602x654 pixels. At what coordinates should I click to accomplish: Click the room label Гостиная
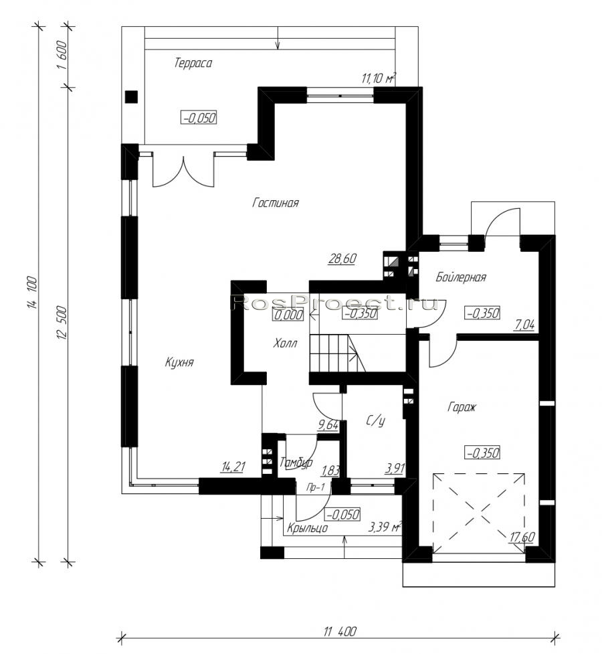276,203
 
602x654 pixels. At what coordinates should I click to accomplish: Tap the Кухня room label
179,362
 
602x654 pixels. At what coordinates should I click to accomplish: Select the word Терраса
193,63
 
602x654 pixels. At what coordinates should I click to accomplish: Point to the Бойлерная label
461,277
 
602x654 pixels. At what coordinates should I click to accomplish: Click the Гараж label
462,407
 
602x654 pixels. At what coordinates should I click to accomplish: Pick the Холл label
285,343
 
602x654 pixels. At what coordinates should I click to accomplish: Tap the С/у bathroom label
375,421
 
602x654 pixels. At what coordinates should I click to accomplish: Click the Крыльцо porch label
307,528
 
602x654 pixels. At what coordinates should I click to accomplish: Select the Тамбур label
296,463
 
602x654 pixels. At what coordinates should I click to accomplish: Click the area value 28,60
342,258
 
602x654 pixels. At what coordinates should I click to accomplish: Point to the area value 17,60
522,538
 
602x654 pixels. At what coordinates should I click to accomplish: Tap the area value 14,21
233,467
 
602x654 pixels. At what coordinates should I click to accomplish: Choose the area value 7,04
524,325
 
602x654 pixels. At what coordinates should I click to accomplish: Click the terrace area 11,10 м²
379,78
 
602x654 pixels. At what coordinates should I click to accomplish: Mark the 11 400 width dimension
340,631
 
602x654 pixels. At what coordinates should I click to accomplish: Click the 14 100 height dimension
33,293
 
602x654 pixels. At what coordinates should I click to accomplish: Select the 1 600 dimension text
62,56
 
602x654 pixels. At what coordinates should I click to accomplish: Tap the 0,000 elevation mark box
288,314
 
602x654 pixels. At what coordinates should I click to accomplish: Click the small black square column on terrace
132,97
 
